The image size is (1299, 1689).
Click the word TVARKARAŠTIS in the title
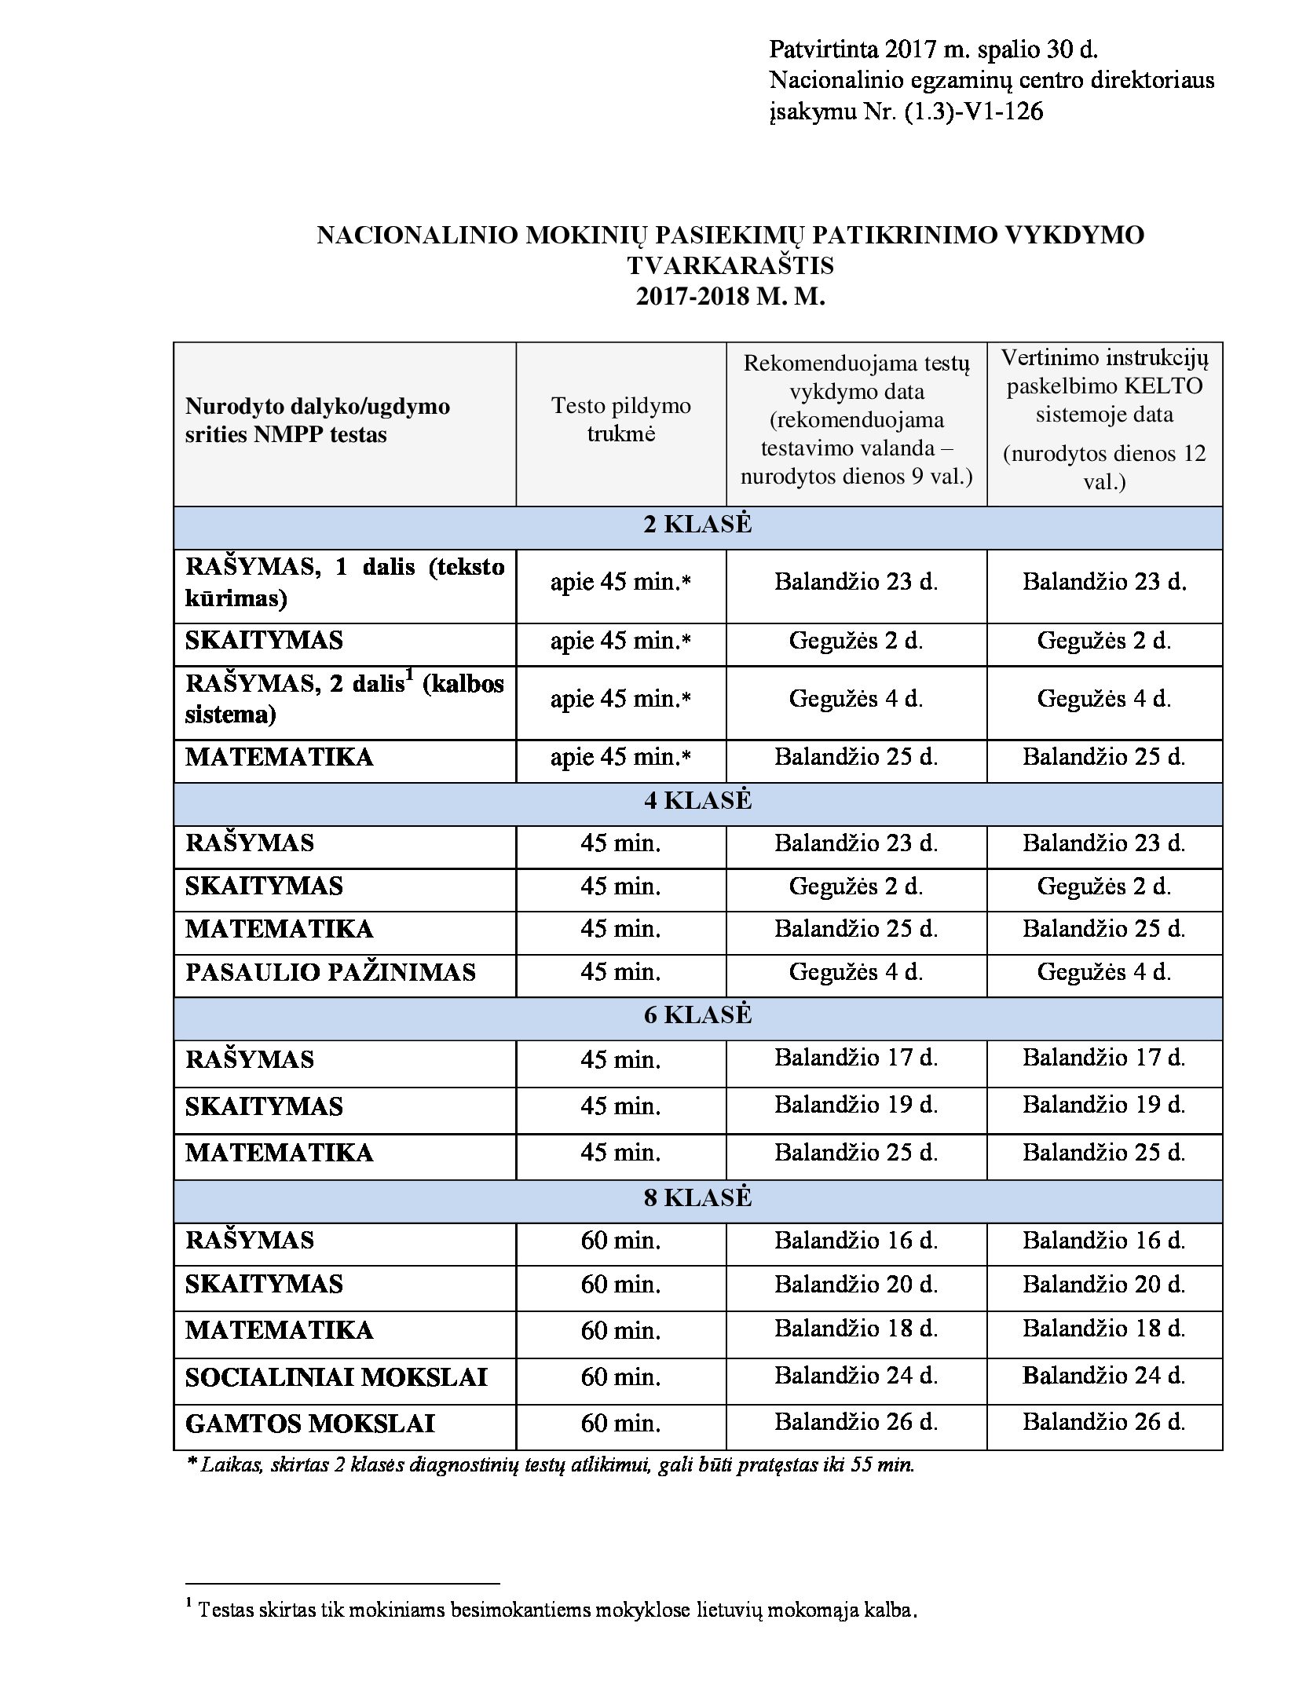730,265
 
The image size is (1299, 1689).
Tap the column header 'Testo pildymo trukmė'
620,419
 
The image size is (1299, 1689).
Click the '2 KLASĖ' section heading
697,525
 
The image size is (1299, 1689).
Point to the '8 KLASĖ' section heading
697,1197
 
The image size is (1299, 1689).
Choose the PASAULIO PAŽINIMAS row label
331,973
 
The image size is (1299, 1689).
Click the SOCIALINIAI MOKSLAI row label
336,1377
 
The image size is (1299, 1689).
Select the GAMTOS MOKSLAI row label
309,1424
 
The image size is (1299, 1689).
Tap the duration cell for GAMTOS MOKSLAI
620,1424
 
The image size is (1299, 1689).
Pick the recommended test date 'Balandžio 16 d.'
856,1241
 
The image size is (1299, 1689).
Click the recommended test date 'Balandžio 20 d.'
856,1284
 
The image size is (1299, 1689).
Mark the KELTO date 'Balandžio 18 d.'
1103,1329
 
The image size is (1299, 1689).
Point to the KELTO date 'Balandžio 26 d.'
1103,1422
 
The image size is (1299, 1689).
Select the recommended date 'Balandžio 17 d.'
856,1058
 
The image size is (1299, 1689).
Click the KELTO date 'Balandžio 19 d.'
1103,1105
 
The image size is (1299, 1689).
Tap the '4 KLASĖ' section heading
697,800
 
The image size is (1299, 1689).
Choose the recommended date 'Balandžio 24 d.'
856,1376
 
